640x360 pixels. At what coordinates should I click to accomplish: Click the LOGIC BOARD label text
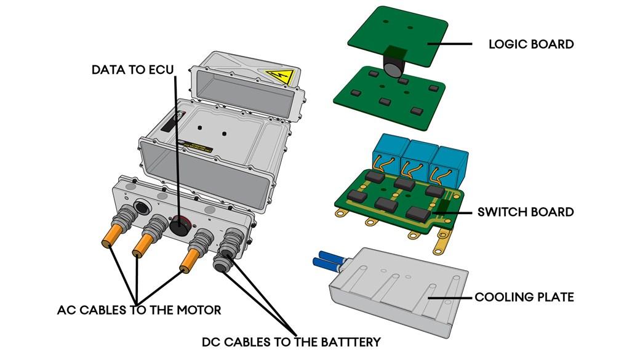coord(530,44)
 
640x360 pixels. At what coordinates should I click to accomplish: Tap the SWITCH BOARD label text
coord(526,212)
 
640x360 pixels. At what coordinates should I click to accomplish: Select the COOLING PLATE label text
coord(524,297)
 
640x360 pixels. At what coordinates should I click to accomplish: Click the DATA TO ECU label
coord(133,70)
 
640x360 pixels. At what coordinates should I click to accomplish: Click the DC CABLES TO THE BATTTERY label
coord(291,341)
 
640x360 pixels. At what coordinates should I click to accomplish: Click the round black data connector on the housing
coord(180,225)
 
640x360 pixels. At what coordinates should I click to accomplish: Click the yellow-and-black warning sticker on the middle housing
coord(195,146)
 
